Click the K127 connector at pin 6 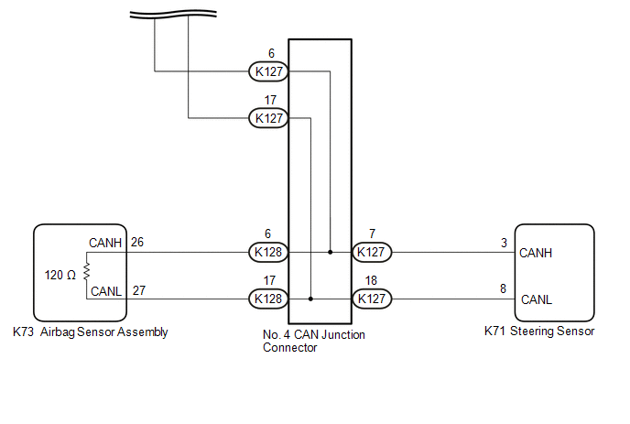269,71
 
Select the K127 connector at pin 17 269,118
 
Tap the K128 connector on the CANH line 269,251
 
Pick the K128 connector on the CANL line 269,299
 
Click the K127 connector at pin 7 371,251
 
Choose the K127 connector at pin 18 371,299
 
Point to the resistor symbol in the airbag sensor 86,272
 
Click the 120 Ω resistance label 60,274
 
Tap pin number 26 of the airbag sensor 137,243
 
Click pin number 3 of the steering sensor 504,243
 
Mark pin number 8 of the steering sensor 504,289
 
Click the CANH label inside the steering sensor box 536,252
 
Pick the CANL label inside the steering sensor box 536,299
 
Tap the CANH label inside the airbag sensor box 105,243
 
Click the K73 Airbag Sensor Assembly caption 91,332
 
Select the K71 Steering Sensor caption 538,332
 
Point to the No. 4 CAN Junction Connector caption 308,341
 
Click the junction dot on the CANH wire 330,251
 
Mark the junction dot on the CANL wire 312,299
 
